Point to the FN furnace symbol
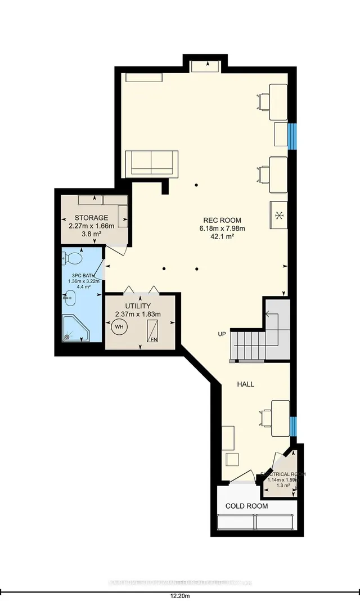click(x=153, y=331)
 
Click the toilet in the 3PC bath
click(x=72, y=258)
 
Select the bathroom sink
click(x=70, y=295)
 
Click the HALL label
click(x=245, y=384)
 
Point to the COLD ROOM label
click(x=246, y=506)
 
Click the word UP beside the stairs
click(x=222, y=334)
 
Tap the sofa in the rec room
click(x=151, y=163)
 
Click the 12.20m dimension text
click(x=180, y=594)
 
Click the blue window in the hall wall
click(x=292, y=426)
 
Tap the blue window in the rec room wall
click(x=292, y=136)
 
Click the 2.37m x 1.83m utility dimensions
click(x=138, y=314)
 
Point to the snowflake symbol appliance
click(x=278, y=215)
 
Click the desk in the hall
click(x=280, y=418)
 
